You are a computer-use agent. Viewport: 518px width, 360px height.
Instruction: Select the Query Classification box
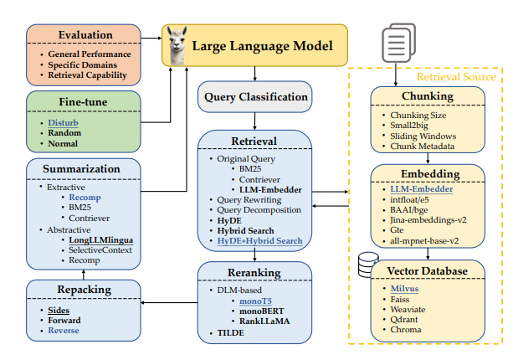click(x=254, y=96)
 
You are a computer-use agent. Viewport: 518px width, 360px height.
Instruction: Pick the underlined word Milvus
click(x=408, y=288)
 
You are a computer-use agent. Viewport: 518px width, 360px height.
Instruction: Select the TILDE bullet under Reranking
click(x=231, y=333)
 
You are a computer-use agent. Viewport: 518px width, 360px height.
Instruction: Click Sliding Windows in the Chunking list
click(x=423, y=136)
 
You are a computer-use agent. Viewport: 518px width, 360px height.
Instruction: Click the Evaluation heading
click(x=85, y=34)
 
